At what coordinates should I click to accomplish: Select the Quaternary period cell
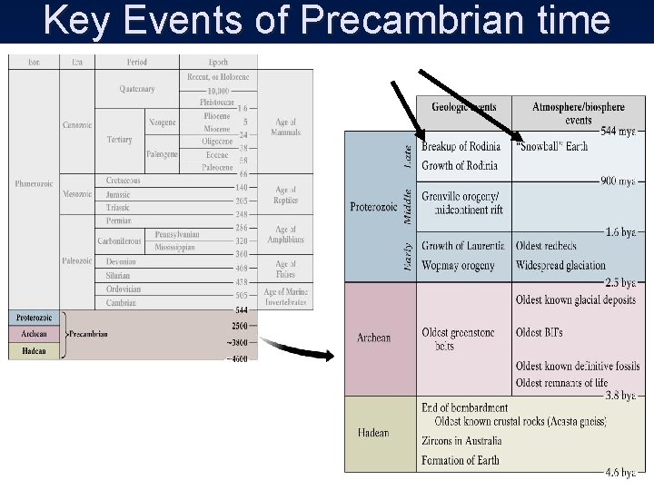tap(136, 89)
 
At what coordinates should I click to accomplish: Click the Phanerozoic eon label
tap(35, 184)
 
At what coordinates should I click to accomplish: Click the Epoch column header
tap(218, 63)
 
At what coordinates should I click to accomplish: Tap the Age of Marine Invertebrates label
tap(285, 297)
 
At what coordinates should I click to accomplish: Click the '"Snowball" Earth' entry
tap(551, 146)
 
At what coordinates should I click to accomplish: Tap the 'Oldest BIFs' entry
tap(539, 332)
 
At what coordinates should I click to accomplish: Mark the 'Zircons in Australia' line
tap(461, 441)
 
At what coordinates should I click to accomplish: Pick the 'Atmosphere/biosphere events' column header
tap(578, 113)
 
